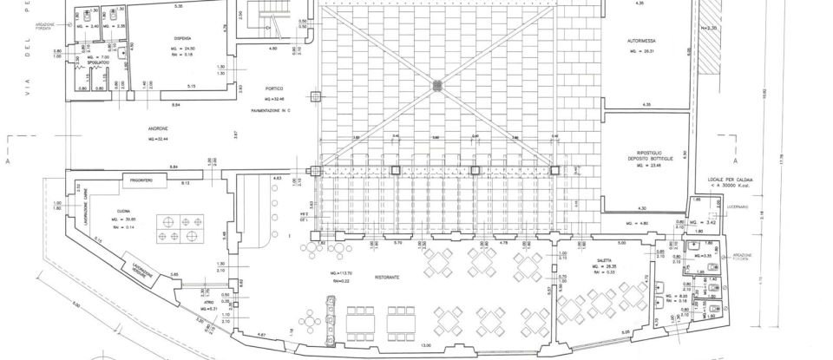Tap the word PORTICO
273,89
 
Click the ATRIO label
206,304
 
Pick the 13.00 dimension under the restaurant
424,346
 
